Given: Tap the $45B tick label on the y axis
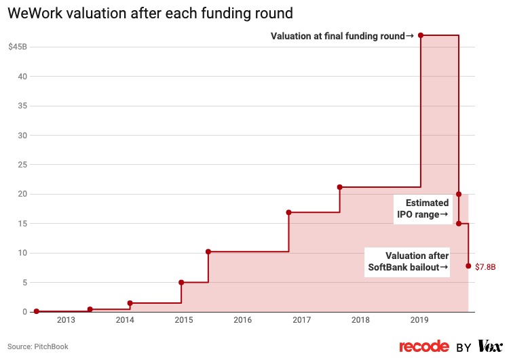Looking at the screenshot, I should click(x=18, y=47).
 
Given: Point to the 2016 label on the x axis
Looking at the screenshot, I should click(x=242, y=321).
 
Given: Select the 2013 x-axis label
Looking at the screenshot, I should click(x=67, y=321).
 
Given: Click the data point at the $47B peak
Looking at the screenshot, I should click(x=421, y=35).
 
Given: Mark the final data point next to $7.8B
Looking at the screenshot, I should click(x=468, y=266).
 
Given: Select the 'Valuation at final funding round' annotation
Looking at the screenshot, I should click(x=341, y=35).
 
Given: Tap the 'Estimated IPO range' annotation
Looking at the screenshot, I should click(x=423, y=208).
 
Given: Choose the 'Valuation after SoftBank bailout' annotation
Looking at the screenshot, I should click(x=408, y=261).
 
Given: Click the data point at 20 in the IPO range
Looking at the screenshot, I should click(x=459, y=194).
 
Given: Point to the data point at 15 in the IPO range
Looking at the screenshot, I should click(x=459, y=224).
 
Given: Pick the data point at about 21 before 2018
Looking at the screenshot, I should click(x=339, y=187).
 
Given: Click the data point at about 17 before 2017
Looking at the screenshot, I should click(x=289, y=212).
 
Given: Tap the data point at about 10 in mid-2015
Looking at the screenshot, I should click(x=208, y=252).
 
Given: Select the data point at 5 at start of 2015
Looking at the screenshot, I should click(x=181, y=282).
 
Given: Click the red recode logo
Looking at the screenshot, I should click(x=424, y=346).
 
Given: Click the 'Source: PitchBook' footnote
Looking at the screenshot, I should click(x=38, y=346).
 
